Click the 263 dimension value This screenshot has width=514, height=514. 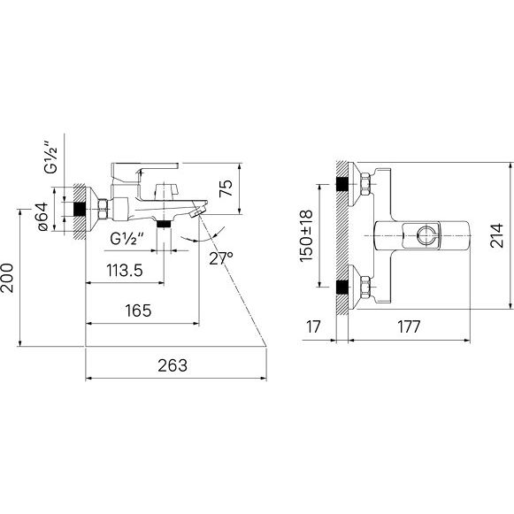click(173, 365)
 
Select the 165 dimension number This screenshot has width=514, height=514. click(138, 311)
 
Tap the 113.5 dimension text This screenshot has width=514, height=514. click(125, 271)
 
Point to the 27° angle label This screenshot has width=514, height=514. click(221, 258)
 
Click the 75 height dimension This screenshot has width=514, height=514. click(226, 188)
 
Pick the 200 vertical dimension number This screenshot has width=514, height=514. click(7, 278)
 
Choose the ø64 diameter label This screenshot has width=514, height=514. click(43, 217)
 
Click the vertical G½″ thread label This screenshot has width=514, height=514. click(51, 157)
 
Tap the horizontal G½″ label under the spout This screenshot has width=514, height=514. click(127, 239)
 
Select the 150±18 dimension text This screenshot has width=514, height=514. click(306, 236)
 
